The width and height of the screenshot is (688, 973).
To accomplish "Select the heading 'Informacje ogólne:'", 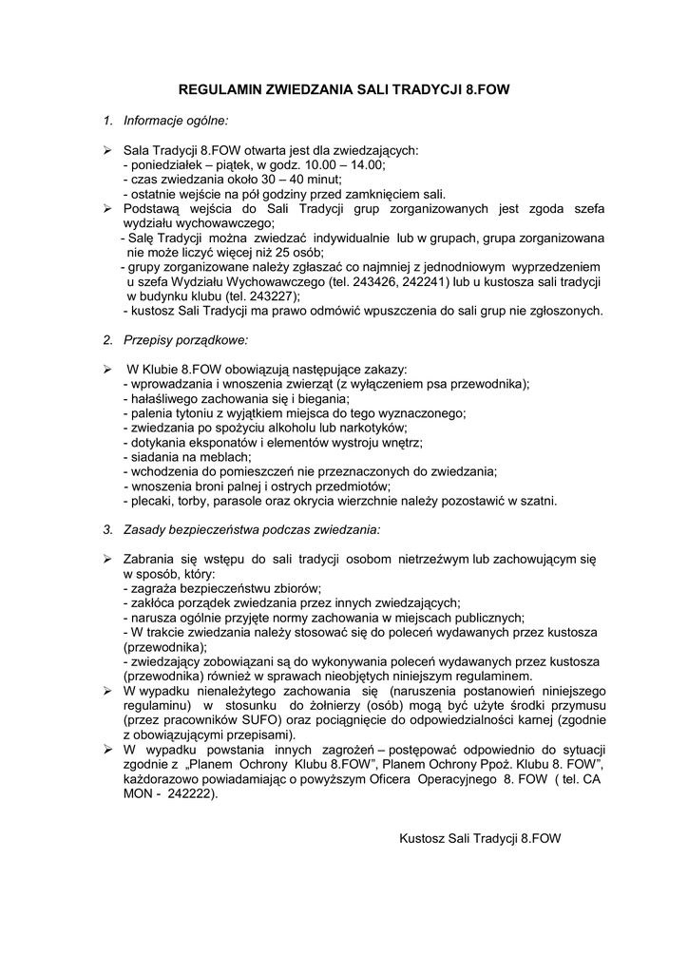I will pyautogui.click(x=176, y=122).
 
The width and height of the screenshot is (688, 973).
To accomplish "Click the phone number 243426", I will pyautogui.click(x=399, y=282).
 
